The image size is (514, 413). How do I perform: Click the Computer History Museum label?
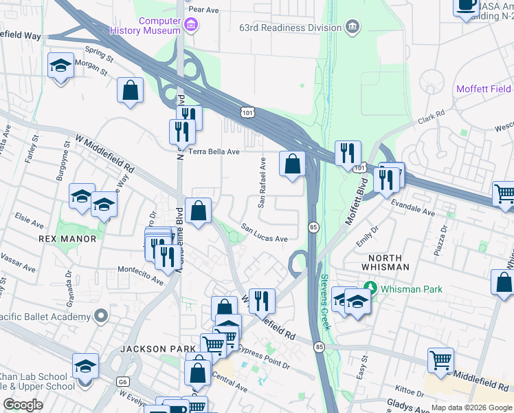159,25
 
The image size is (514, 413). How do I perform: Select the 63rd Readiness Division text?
299,28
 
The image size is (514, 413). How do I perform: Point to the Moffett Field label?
484,89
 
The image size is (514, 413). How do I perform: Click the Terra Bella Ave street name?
214,151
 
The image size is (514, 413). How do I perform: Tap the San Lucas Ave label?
264,233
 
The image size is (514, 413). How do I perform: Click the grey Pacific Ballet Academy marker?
102,317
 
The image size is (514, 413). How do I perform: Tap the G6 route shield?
123,380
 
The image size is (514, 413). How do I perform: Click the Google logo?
23,404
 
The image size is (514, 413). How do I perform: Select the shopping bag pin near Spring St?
130,90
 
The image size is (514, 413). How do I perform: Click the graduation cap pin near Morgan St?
61,66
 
